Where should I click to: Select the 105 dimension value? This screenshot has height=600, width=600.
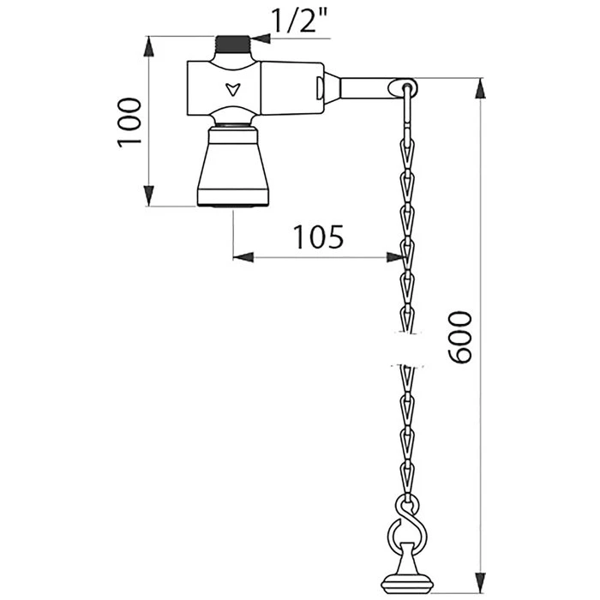click(x=318, y=235)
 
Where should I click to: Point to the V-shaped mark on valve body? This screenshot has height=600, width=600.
click(x=229, y=87)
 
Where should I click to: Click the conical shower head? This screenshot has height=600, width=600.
click(x=231, y=163)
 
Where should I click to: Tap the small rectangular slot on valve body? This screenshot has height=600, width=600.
click(x=320, y=87)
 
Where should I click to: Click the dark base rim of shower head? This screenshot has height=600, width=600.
click(x=231, y=202)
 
